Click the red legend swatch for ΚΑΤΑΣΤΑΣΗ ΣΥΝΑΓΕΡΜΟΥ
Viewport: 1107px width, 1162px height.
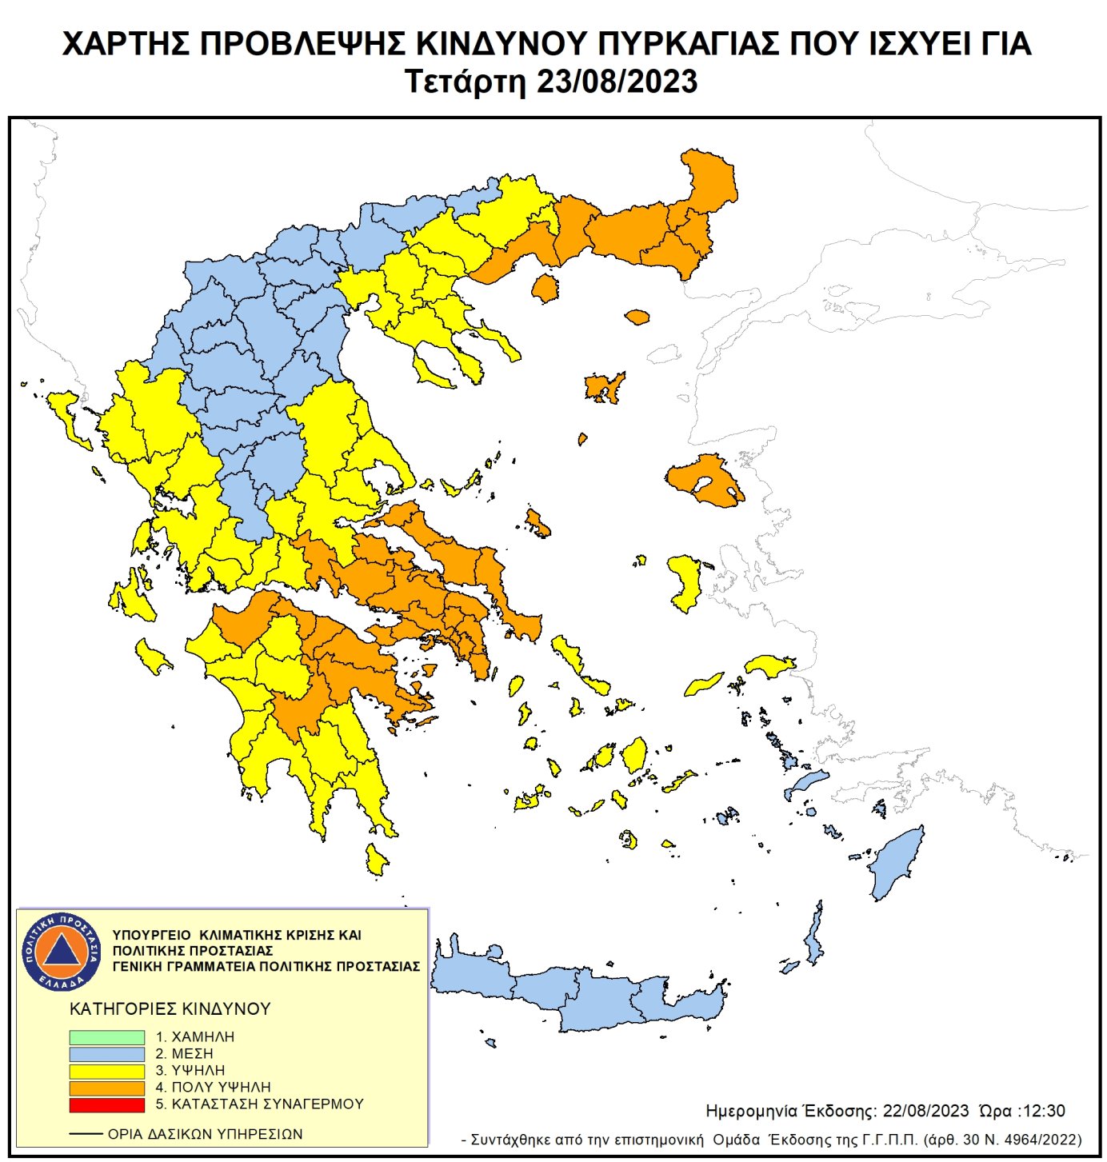coord(106,1104)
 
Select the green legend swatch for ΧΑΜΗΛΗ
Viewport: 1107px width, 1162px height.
coord(106,1037)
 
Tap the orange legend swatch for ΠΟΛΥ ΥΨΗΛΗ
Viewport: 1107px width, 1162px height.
coord(106,1088)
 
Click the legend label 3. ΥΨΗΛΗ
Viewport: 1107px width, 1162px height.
coord(190,1071)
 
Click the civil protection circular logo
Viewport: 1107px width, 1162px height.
coord(62,951)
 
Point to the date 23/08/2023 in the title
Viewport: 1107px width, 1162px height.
coord(617,82)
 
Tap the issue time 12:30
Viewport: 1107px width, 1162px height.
coord(1044,1111)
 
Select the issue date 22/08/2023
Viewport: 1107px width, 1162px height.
coord(925,1111)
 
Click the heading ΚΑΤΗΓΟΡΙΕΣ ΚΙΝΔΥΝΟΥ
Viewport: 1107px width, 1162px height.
coord(170,1009)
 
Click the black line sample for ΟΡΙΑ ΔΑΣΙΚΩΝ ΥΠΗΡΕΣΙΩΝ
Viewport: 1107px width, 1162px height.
coord(86,1134)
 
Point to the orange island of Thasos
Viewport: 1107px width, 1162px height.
coord(545,288)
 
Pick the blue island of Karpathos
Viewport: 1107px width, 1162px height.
coord(814,936)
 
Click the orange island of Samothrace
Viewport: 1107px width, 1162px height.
coord(637,317)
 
